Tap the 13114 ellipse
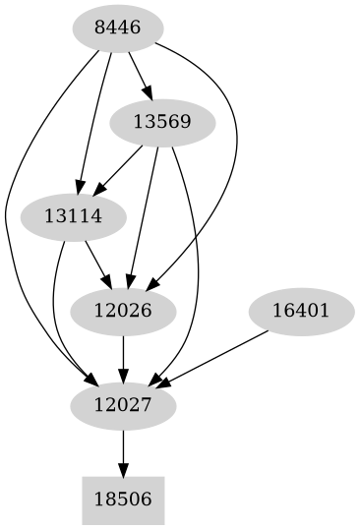pos(74,216)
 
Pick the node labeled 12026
pos(123,311)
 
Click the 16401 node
pos(299,311)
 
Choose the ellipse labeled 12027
pos(123,404)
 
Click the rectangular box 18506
pos(123,499)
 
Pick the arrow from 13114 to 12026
pos(97,264)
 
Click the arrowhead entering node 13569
pos(149,94)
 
